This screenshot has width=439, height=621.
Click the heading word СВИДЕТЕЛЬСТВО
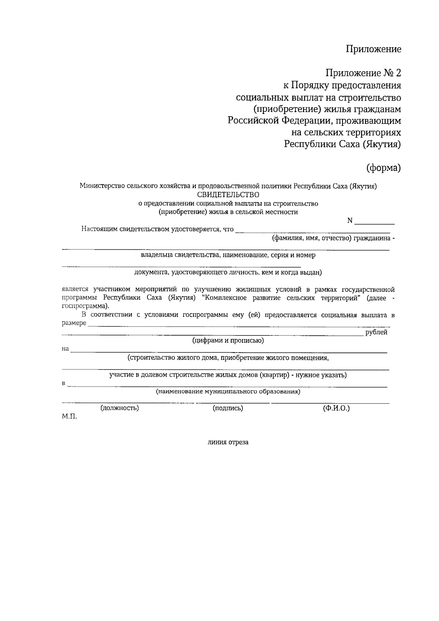coord(228,194)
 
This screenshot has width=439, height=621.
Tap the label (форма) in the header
coord(384,168)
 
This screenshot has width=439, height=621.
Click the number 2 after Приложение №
coord(398,73)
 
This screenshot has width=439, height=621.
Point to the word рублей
coord(376,332)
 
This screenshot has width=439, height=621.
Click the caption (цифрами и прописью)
coord(228,341)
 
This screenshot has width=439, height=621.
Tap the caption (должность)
coord(120,408)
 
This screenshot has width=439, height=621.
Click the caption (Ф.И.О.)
coord(336,408)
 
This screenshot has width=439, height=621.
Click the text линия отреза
coord(228,442)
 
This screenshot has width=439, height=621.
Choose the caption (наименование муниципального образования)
coord(228,392)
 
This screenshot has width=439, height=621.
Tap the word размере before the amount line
coord(74,323)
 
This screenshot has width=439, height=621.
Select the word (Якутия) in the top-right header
coord(382,144)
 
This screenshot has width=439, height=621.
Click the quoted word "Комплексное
coord(224,298)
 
